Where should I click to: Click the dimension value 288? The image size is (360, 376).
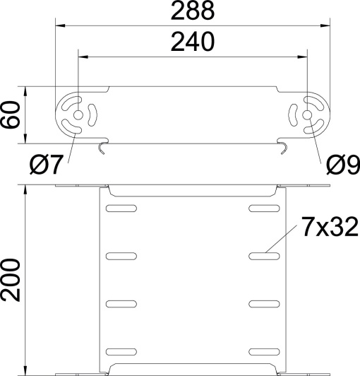coord(193,12)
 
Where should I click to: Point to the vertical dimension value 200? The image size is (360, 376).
coord(12,280)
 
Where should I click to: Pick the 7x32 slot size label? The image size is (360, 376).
coord(326,227)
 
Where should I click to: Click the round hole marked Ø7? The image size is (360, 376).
coord(78,115)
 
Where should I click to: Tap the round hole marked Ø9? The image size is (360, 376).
coord(308,115)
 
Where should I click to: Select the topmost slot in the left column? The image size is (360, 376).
coord(120,208)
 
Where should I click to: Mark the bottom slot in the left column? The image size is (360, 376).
coord(120,351)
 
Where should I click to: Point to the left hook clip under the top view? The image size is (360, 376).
coord(103,146)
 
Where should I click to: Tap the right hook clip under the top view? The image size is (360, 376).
coord(283,146)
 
